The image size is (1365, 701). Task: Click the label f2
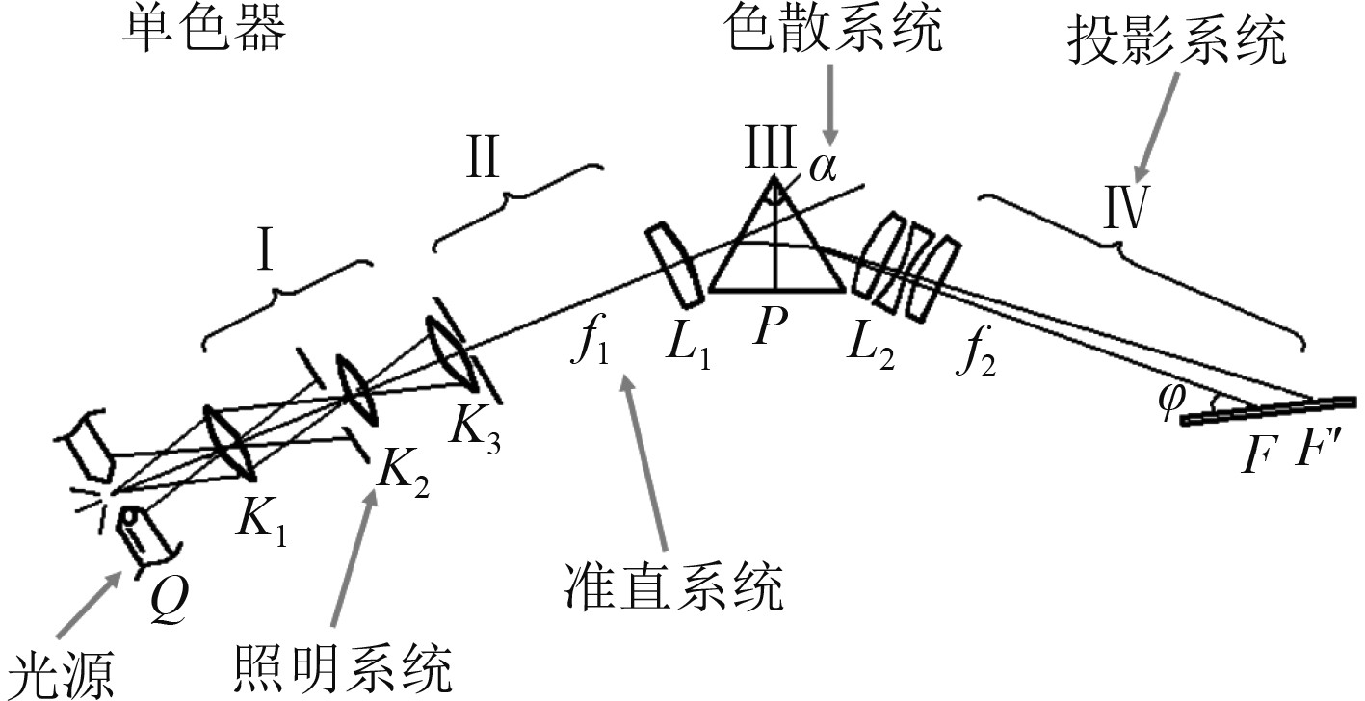(x=975, y=359)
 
